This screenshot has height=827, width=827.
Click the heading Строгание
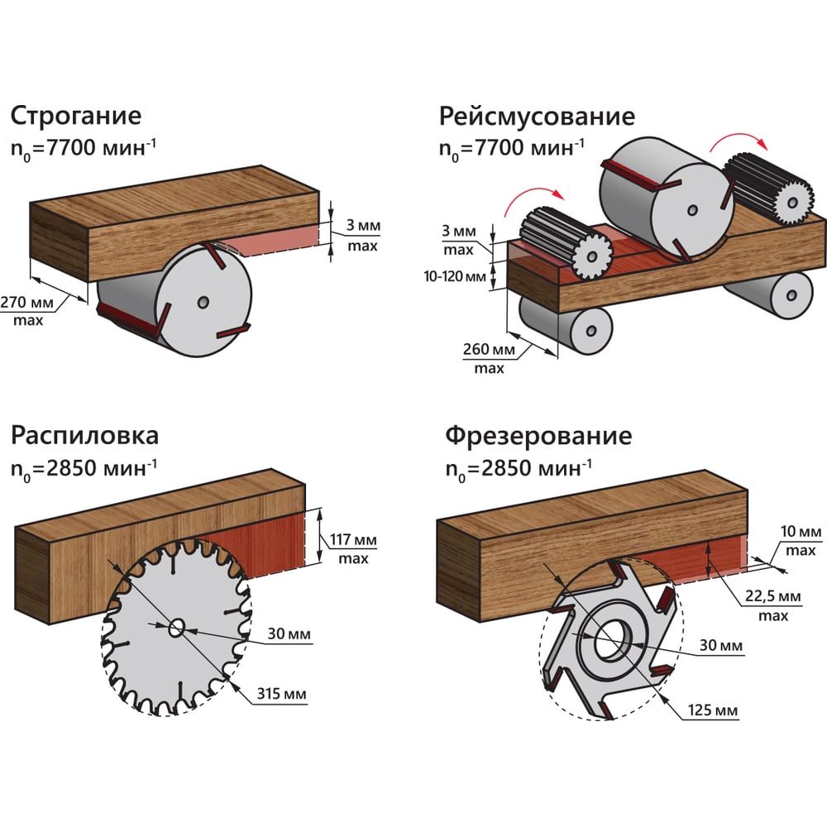pos(75,114)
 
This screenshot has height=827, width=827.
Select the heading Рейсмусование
pos(537,114)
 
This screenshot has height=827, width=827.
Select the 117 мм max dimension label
pos(353,547)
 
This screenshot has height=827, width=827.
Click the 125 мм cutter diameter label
pos(712,710)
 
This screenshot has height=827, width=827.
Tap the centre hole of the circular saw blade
pos(176,628)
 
